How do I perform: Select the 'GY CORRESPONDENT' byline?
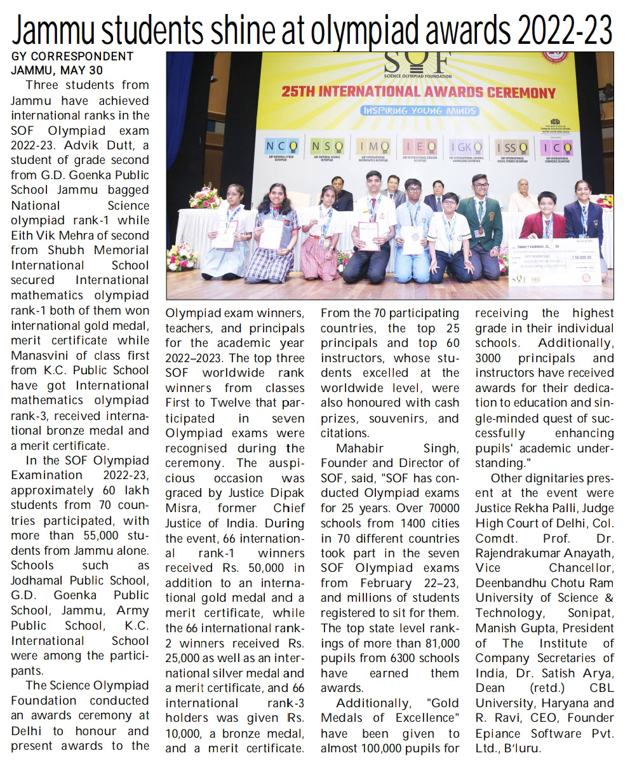tap(73, 57)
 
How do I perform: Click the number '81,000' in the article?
tap(436, 642)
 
